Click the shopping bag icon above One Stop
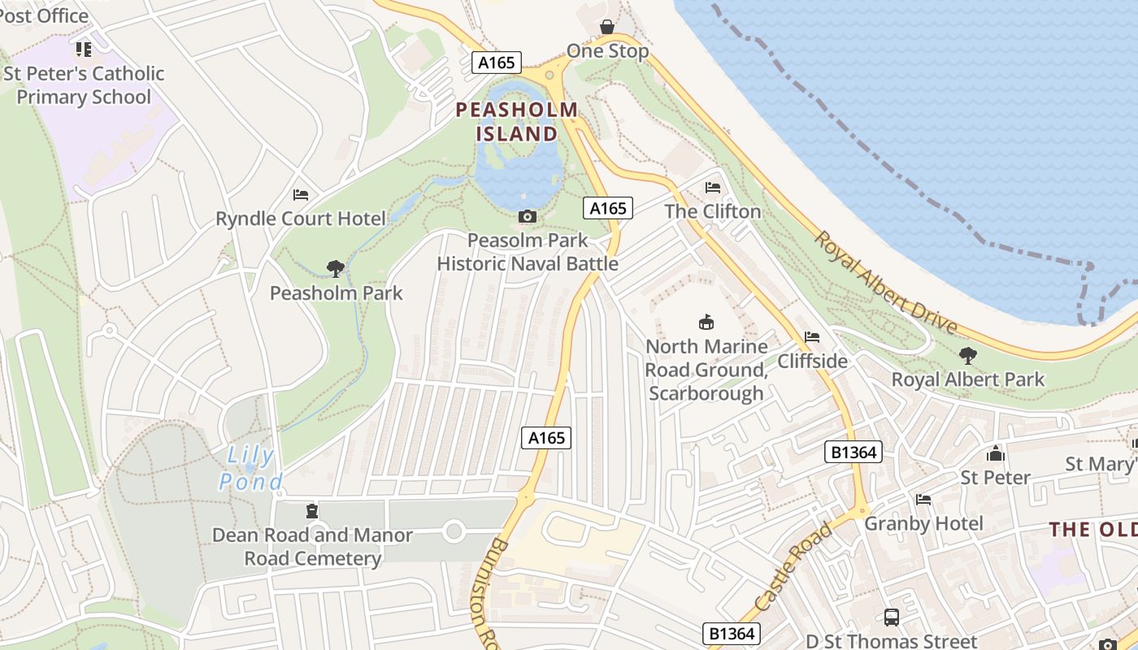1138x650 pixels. pos(607,28)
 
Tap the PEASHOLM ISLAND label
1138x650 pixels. pos(517,122)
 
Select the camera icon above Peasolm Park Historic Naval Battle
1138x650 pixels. pos(528,216)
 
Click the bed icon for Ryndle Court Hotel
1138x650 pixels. pos(301,195)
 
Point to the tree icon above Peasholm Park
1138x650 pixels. pos(335,269)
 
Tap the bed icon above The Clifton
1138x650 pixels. pos(713,188)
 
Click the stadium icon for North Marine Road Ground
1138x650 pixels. pos(706,323)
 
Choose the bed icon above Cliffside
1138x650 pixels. pos(812,337)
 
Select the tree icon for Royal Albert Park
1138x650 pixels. pos(967,355)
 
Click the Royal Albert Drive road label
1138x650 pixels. pos(886,282)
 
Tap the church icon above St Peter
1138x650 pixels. pos(996,454)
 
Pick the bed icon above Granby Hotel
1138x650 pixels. pos(923,500)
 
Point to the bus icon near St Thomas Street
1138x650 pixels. pos(892,617)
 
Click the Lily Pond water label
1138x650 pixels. pos(250,469)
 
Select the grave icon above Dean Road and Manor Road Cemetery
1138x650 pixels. pos(311,511)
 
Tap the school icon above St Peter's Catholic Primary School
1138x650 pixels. pos(84,50)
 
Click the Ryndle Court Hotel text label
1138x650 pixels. pos(301,219)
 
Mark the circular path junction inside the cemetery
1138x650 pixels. pos(454,532)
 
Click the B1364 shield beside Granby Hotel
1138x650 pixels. pos(853,452)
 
